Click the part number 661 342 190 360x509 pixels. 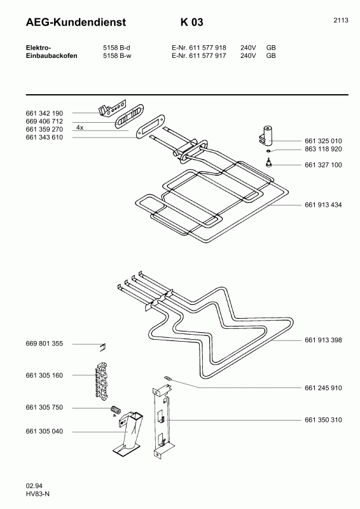[x=44, y=113]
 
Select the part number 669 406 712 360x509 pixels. [x=44, y=121]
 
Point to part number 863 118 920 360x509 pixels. [x=324, y=150]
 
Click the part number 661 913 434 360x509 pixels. [x=324, y=206]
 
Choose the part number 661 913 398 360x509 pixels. [x=324, y=340]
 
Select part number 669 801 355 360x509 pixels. [x=44, y=344]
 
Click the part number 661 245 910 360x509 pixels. [x=324, y=387]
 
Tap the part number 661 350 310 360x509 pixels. [x=324, y=420]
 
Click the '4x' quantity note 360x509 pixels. [x=80, y=128]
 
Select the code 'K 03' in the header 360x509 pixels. [x=191, y=22]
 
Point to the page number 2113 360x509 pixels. [x=340, y=20]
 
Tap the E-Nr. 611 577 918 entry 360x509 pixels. [x=198, y=48]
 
